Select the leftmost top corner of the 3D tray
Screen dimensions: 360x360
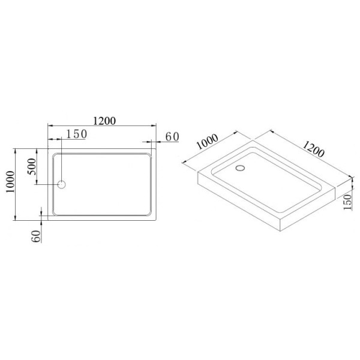pos(198,173)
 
